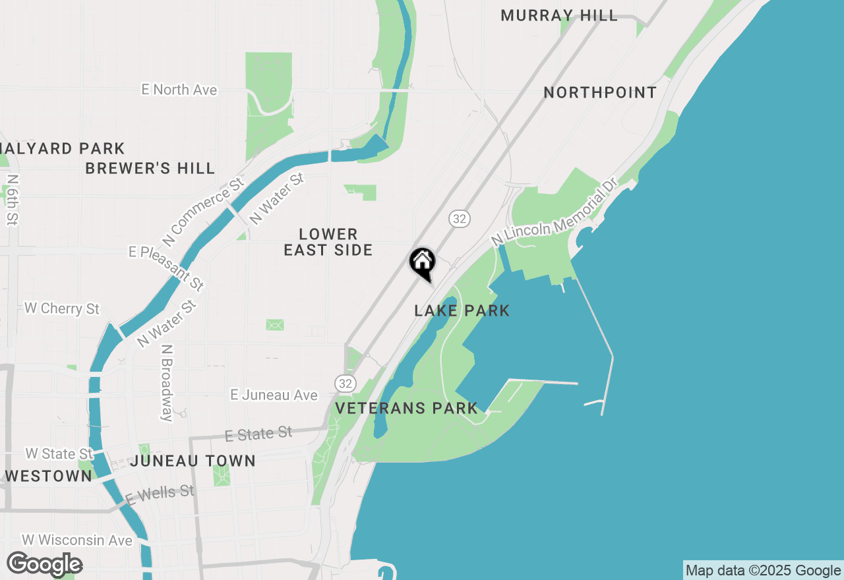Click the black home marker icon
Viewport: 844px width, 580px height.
pos(423,262)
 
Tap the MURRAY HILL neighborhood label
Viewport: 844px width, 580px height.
pos(559,16)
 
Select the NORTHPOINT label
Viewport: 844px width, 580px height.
pos(600,93)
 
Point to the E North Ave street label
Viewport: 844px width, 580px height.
pos(179,90)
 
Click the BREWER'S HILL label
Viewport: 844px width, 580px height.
pos(150,169)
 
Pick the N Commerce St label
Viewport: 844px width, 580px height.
pos(204,211)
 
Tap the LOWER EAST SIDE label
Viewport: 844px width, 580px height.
pos(328,242)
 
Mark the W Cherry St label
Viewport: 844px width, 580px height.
pos(62,308)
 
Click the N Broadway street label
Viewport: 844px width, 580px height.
pos(167,382)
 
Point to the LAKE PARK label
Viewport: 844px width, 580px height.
pos(462,310)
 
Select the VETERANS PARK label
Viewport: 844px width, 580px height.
pos(406,409)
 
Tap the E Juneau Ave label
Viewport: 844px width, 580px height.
pos(274,395)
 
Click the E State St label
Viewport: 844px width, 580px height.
pos(258,434)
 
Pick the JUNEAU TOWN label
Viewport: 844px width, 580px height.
pos(193,461)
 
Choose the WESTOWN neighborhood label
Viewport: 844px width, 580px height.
pos(48,476)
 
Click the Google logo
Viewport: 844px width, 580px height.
pos(44,564)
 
